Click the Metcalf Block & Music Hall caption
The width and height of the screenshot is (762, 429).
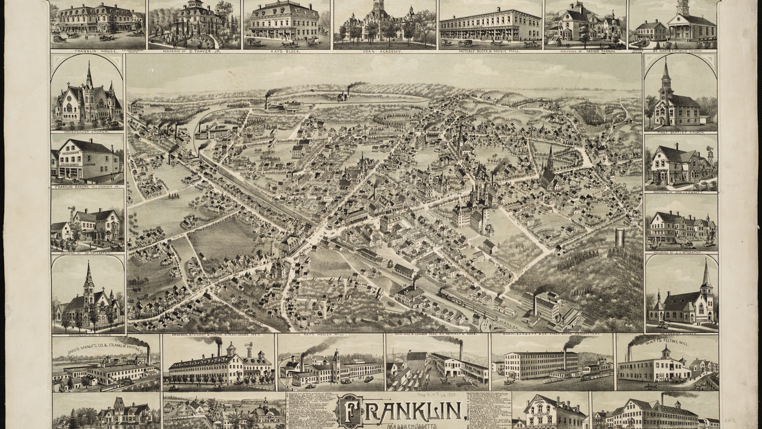click(x=490, y=52)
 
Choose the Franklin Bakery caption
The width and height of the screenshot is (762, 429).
click(x=88, y=186)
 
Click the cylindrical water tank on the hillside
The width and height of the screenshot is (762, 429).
click(x=620, y=237)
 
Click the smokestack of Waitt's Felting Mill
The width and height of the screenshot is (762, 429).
click(x=629, y=353)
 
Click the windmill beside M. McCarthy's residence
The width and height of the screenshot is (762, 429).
click(x=72, y=212)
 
